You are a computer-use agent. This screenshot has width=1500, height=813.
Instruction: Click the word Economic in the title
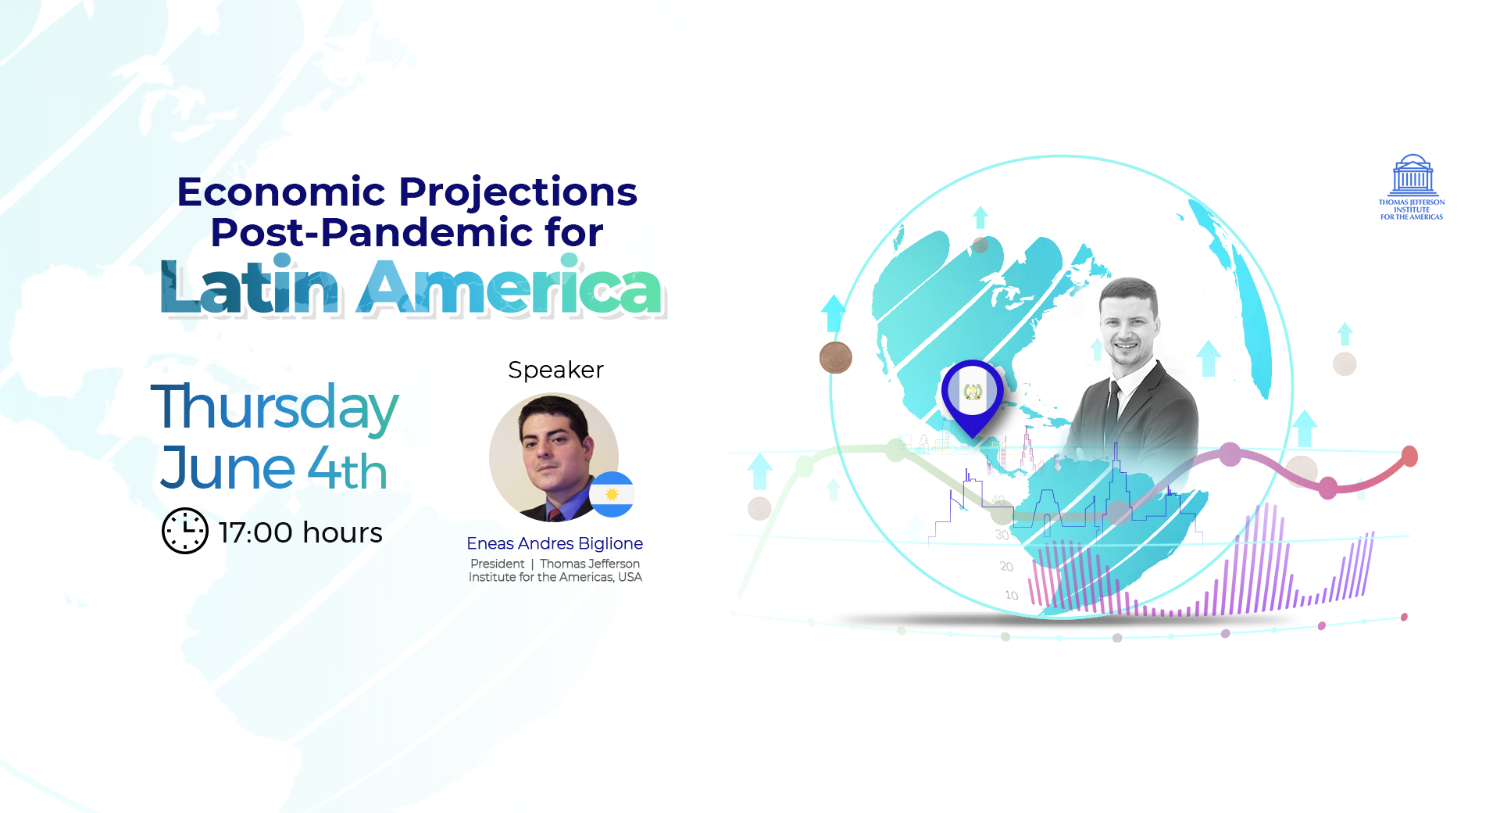pos(281,192)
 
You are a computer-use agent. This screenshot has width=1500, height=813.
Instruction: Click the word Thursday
pos(274,408)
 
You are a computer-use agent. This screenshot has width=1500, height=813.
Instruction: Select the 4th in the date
pos(348,469)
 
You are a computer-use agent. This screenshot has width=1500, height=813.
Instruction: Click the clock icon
pos(185,531)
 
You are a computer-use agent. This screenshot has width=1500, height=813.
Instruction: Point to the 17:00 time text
pos(256,532)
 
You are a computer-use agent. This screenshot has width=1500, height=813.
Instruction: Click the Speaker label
pos(555,370)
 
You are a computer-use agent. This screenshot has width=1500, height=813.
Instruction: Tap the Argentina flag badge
pos(612,494)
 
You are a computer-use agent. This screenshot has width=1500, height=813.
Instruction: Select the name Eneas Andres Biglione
pos(555,543)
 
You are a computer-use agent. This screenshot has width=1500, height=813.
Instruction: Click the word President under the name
pos(498,564)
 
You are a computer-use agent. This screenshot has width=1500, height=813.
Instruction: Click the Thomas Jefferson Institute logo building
pos(1412,175)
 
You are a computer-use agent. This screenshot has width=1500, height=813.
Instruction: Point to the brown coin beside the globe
pos(835,358)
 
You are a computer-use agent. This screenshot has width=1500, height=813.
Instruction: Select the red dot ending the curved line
pos(1409,456)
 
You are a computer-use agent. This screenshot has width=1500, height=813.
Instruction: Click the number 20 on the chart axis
pos(1006,566)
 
